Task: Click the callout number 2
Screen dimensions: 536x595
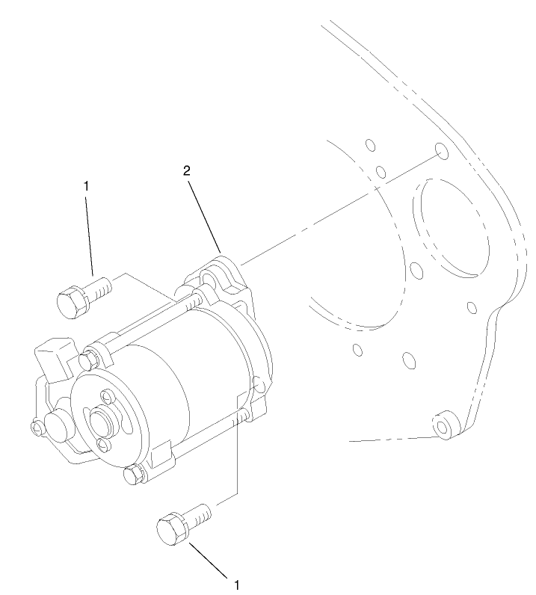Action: pyautogui.click(x=187, y=170)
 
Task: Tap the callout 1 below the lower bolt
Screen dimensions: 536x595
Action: pyautogui.click(x=237, y=583)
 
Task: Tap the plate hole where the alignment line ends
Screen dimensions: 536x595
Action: pyautogui.click(x=442, y=152)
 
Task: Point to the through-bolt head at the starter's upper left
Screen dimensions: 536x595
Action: pyautogui.click(x=88, y=358)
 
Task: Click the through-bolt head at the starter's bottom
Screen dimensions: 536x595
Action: pyautogui.click(x=133, y=475)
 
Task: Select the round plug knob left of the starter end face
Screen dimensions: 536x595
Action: pyautogui.click(x=57, y=425)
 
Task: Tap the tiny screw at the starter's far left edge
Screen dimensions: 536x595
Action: pyautogui.click(x=37, y=427)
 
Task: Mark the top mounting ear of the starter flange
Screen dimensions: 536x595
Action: pyautogui.click(x=219, y=269)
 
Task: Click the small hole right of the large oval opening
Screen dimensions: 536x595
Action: pyautogui.click(x=472, y=306)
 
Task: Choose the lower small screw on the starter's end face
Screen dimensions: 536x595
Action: pyautogui.click(x=103, y=446)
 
